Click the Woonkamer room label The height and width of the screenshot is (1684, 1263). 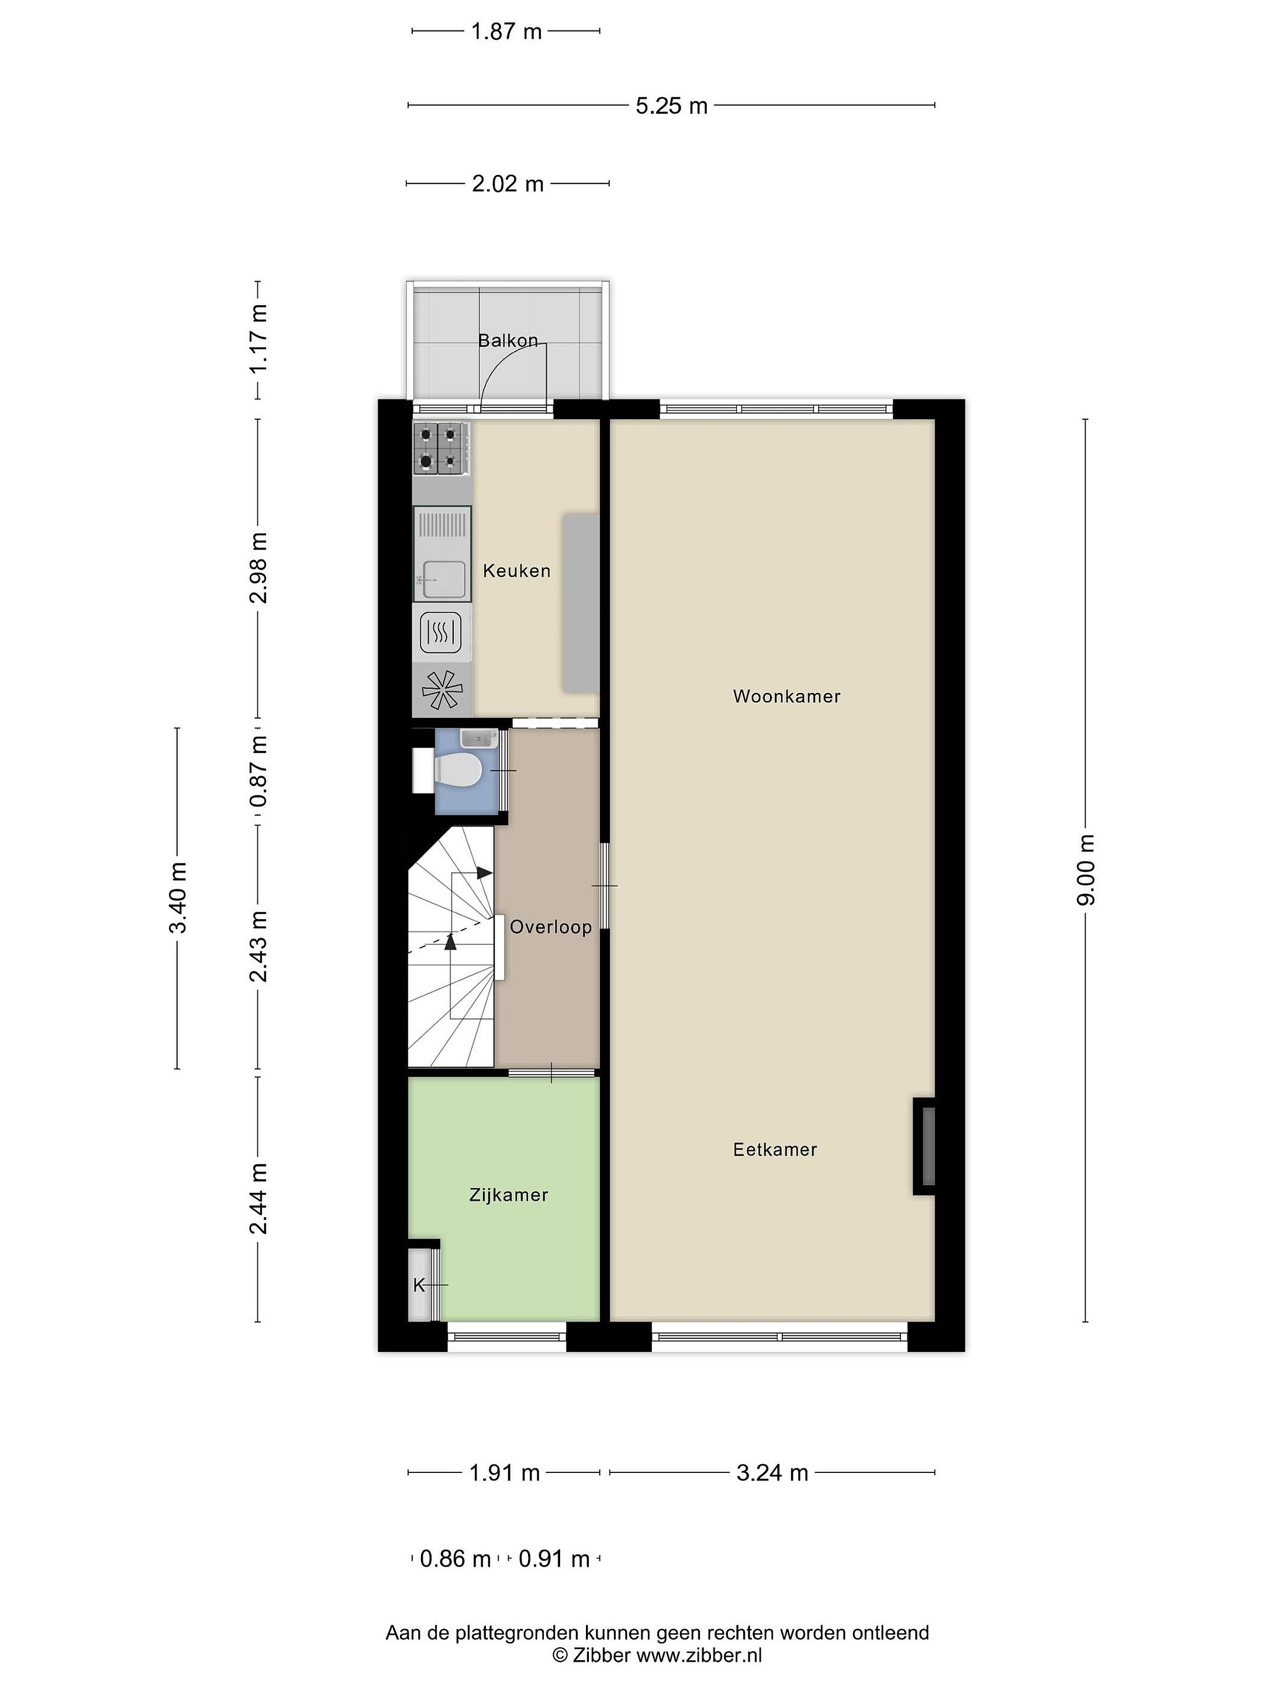click(786, 696)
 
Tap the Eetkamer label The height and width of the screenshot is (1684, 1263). click(775, 1150)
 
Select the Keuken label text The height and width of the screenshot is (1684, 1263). click(516, 570)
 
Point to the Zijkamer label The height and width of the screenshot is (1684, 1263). click(509, 1195)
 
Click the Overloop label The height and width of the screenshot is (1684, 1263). click(550, 927)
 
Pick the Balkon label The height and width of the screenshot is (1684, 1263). click(508, 340)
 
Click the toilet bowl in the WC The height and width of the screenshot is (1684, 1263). click(457, 769)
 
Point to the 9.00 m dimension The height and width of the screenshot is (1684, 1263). click(1086, 869)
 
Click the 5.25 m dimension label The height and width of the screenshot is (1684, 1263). click(671, 106)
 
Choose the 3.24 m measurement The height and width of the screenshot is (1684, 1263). click(772, 1472)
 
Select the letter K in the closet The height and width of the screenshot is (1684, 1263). click(419, 1285)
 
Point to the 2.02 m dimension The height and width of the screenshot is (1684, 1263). click(508, 184)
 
